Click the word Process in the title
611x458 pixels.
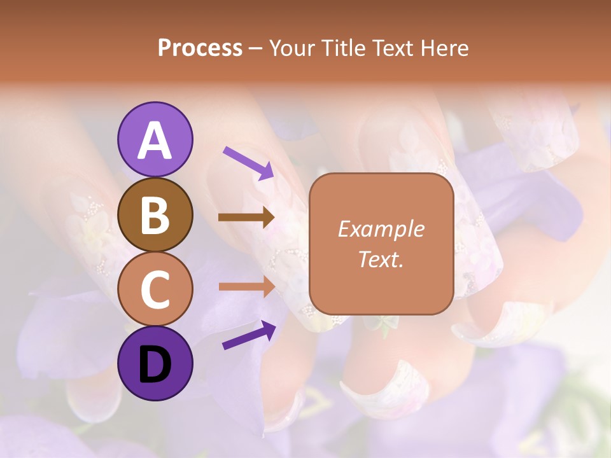(200, 48)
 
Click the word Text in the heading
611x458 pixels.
(391, 48)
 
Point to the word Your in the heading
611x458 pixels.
(293, 48)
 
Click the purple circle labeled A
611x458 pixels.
(155, 139)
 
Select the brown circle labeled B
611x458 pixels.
(155, 214)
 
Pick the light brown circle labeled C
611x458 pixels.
(155, 289)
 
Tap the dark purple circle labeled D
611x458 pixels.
(155, 363)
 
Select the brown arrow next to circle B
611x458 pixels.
(246, 218)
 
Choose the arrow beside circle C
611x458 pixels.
(247, 286)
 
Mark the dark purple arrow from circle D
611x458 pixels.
(249, 335)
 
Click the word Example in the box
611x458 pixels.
(381, 229)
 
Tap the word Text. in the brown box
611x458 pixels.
(381, 260)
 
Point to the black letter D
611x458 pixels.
(155, 364)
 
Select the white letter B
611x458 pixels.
(155, 215)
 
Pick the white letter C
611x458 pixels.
(155, 289)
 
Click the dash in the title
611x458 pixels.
(256, 49)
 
